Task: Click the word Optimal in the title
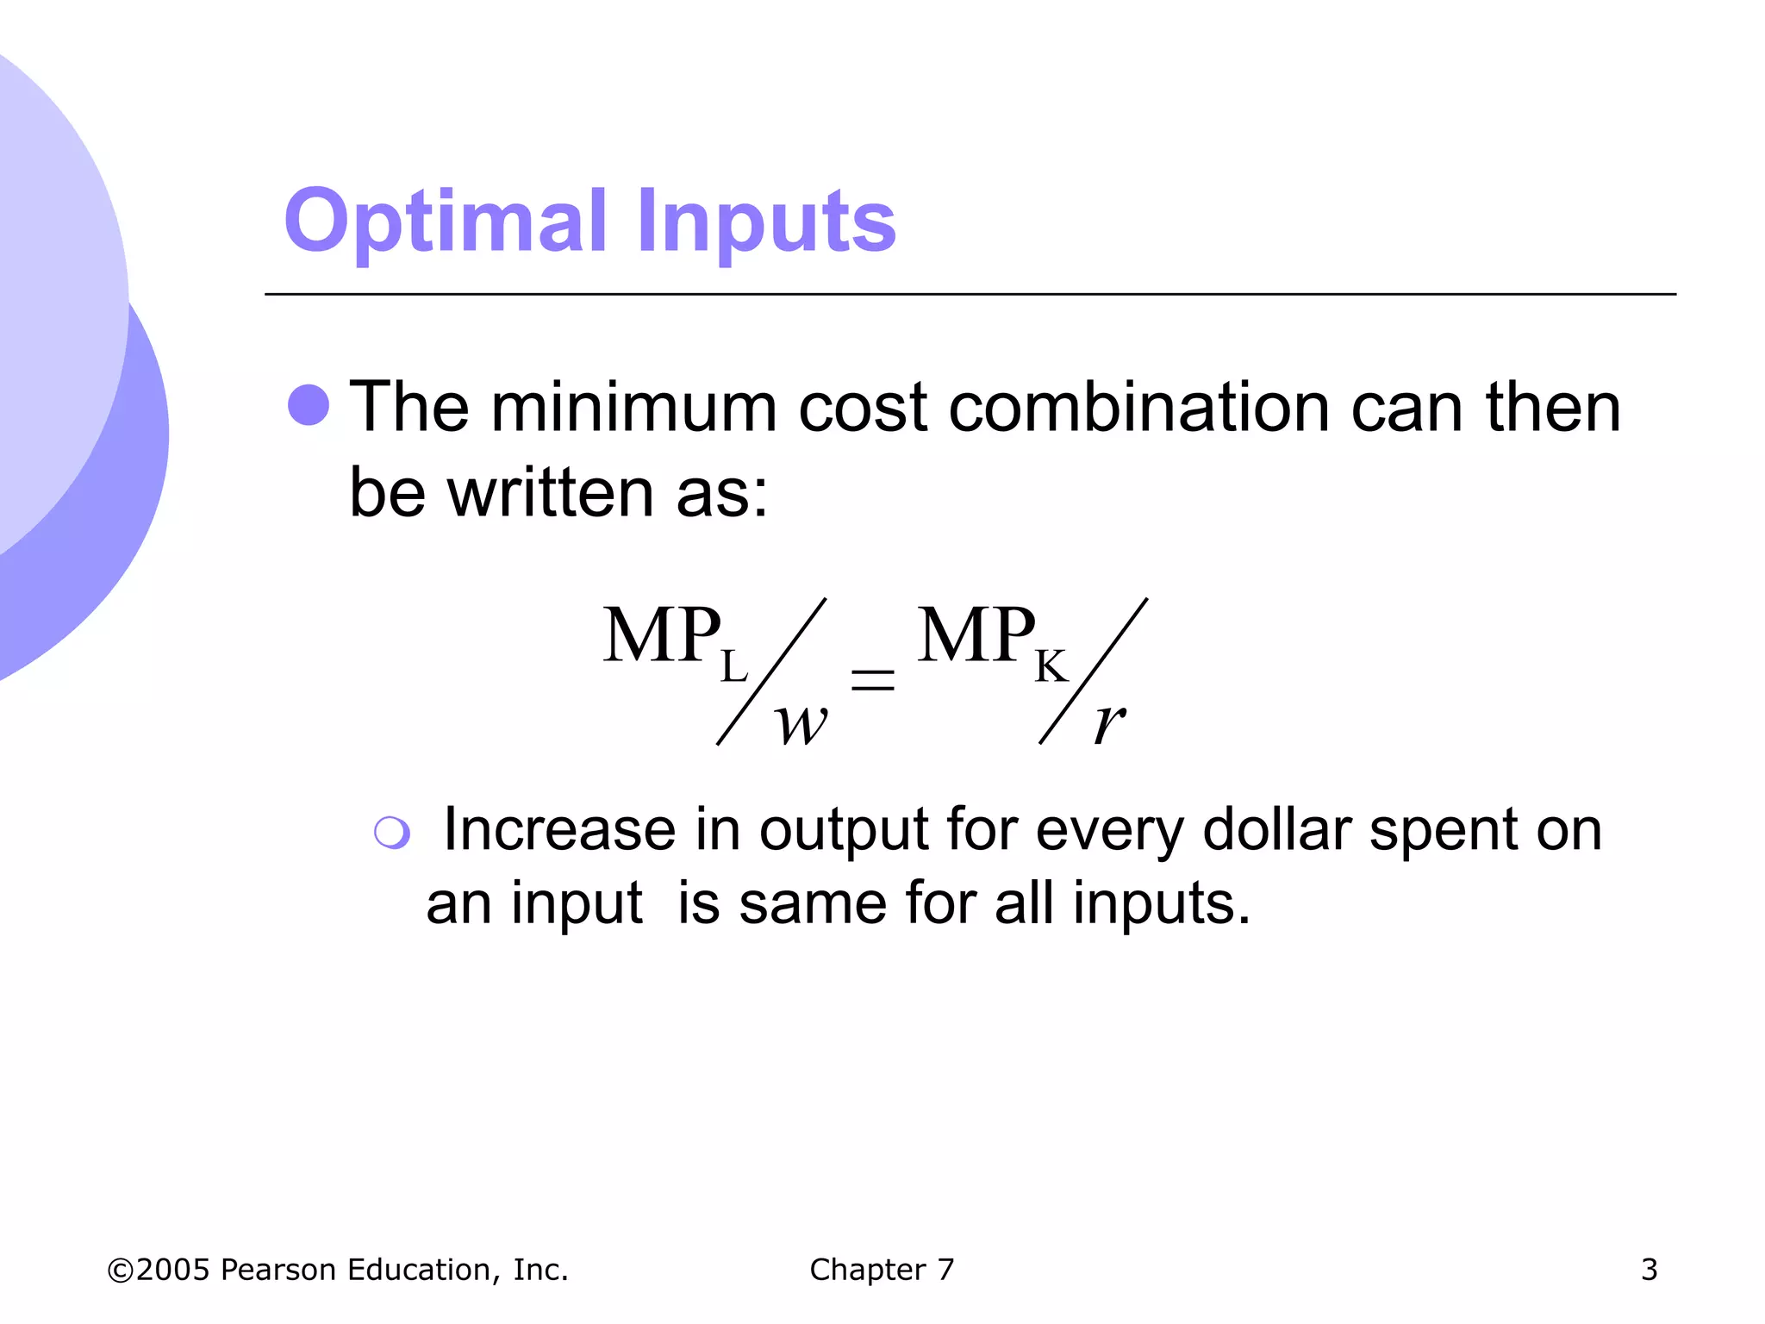pos(446,222)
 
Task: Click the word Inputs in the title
pos(766,222)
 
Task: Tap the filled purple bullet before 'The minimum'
pos(309,405)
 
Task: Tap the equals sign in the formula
pos(872,680)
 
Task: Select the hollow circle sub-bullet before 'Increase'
pos(392,833)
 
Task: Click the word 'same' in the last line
pos(813,905)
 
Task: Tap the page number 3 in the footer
pos(1649,1270)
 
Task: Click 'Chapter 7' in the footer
pos(882,1270)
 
